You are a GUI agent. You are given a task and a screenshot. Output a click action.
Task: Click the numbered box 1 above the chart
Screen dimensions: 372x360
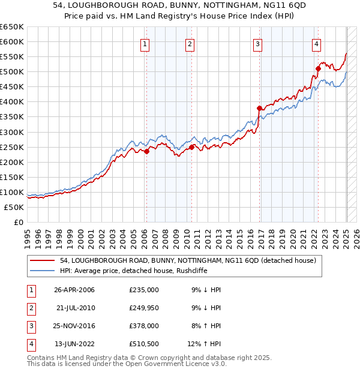[146, 44]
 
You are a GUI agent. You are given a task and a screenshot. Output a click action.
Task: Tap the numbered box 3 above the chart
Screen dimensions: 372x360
[257, 44]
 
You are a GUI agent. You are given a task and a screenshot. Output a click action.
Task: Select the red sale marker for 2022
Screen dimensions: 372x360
[318, 68]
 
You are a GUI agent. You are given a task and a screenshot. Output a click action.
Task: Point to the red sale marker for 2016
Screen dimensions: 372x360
[259, 109]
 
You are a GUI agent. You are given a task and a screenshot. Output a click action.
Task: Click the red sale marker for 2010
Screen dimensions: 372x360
[191, 147]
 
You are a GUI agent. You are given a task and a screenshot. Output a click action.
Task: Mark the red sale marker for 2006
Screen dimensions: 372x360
[146, 151]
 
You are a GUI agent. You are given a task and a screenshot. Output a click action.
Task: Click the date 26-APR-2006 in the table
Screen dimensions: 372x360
[74, 290]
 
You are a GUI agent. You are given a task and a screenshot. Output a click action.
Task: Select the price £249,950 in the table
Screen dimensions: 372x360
[144, 308]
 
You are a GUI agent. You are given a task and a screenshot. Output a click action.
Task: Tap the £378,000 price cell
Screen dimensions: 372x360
[144, 326]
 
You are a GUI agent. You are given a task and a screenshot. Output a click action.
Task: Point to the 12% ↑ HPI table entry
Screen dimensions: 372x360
[204, 344]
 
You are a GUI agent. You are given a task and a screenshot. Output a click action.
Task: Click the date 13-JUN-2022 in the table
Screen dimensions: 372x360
[74, 344]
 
